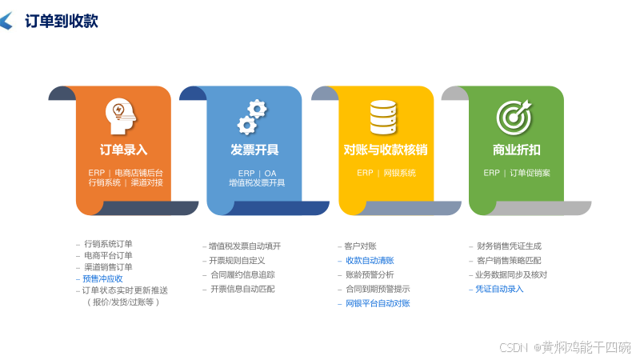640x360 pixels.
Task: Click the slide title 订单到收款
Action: coord(61,22)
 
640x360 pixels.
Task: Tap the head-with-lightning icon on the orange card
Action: coord(121,116)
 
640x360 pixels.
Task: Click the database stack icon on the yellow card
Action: coord(383,117)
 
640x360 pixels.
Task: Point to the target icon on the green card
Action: coord(514,117)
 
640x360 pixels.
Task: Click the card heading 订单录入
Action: coord(123,150)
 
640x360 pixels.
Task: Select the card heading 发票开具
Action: coord(254,150)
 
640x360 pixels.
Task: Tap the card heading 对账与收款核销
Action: coord(386,150)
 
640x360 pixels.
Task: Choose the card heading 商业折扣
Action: coord(516,150)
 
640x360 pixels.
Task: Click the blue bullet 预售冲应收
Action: coord(102,278)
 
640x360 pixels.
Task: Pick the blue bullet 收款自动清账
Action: coord(369,261)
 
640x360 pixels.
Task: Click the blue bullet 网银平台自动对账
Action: coord(377,304)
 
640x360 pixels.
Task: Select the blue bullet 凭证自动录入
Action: coord(499,289)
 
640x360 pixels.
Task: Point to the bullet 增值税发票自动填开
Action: coord(244,246)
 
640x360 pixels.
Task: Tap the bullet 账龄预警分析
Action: coord(369,275)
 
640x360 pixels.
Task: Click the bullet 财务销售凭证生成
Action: coord(509,246)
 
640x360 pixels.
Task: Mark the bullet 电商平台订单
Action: coord(108,255)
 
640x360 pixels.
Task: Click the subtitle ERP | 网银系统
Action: coord(386,173)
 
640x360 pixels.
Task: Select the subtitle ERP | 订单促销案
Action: coord(516,173)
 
